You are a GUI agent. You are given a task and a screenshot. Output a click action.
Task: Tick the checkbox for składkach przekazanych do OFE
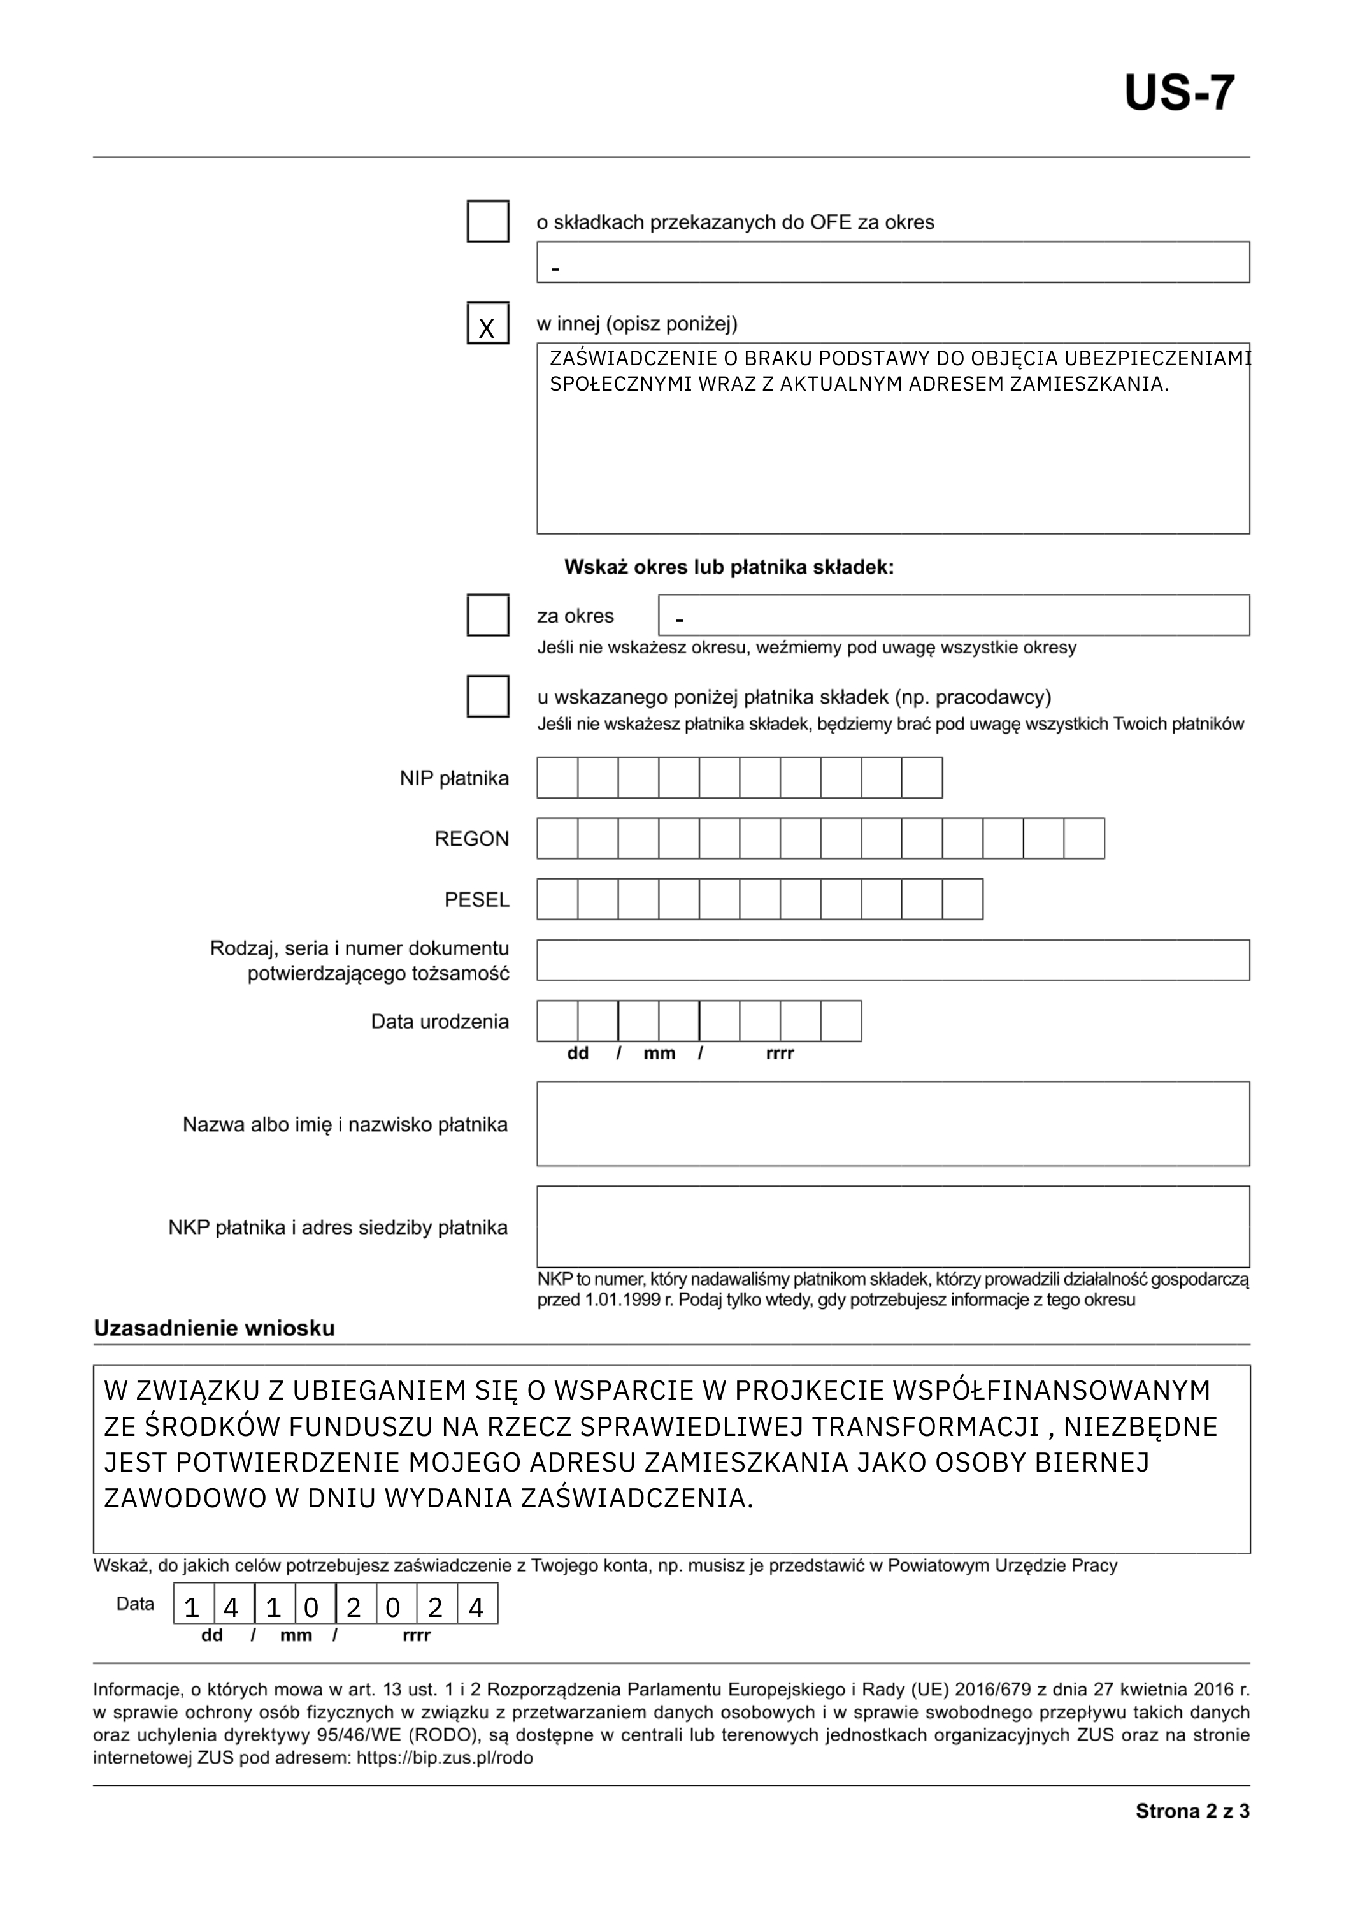click(488, 222)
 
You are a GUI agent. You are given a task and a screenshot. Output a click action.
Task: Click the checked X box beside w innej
click(488, 323)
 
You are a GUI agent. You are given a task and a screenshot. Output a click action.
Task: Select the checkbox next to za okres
click(488, 616)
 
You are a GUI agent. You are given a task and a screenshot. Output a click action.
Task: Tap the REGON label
click(471, 839)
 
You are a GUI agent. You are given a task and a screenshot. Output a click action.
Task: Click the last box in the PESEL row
click(962, 899)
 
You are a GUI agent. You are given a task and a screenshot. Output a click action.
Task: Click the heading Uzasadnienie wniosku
click(214, 1328)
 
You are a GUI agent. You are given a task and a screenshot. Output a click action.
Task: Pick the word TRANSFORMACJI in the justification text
click(925, 1426)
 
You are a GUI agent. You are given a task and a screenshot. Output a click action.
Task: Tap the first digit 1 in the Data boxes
click(192, 1608)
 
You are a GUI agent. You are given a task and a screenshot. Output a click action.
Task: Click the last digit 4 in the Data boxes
click(477, 1608)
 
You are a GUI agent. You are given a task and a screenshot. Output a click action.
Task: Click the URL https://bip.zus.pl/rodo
click(445, 1758)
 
